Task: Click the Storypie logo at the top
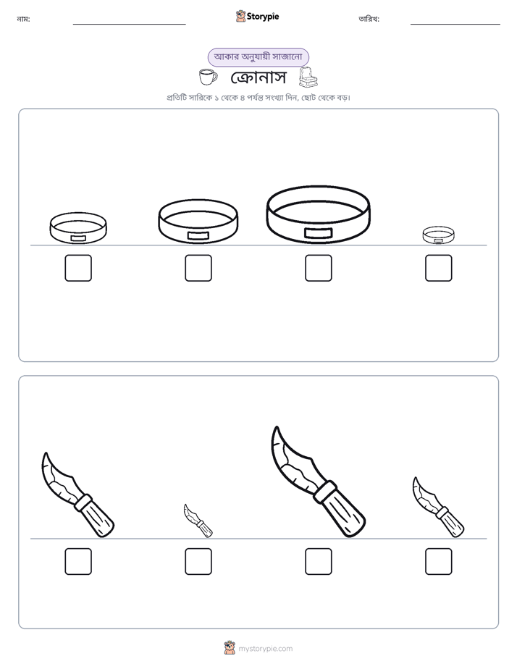257,16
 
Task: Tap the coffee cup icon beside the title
208,77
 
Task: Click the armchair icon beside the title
308,77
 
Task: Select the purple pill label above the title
258,56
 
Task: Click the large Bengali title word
258,77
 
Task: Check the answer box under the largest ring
318,268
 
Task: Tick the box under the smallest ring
439,268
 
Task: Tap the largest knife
318,482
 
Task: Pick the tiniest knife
198,521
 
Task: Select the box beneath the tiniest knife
198,562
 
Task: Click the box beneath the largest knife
318,562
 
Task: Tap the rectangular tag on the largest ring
318,233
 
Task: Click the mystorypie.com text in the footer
265,649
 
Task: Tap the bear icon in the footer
230,648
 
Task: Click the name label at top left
23,19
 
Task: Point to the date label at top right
369,19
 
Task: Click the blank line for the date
455,25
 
